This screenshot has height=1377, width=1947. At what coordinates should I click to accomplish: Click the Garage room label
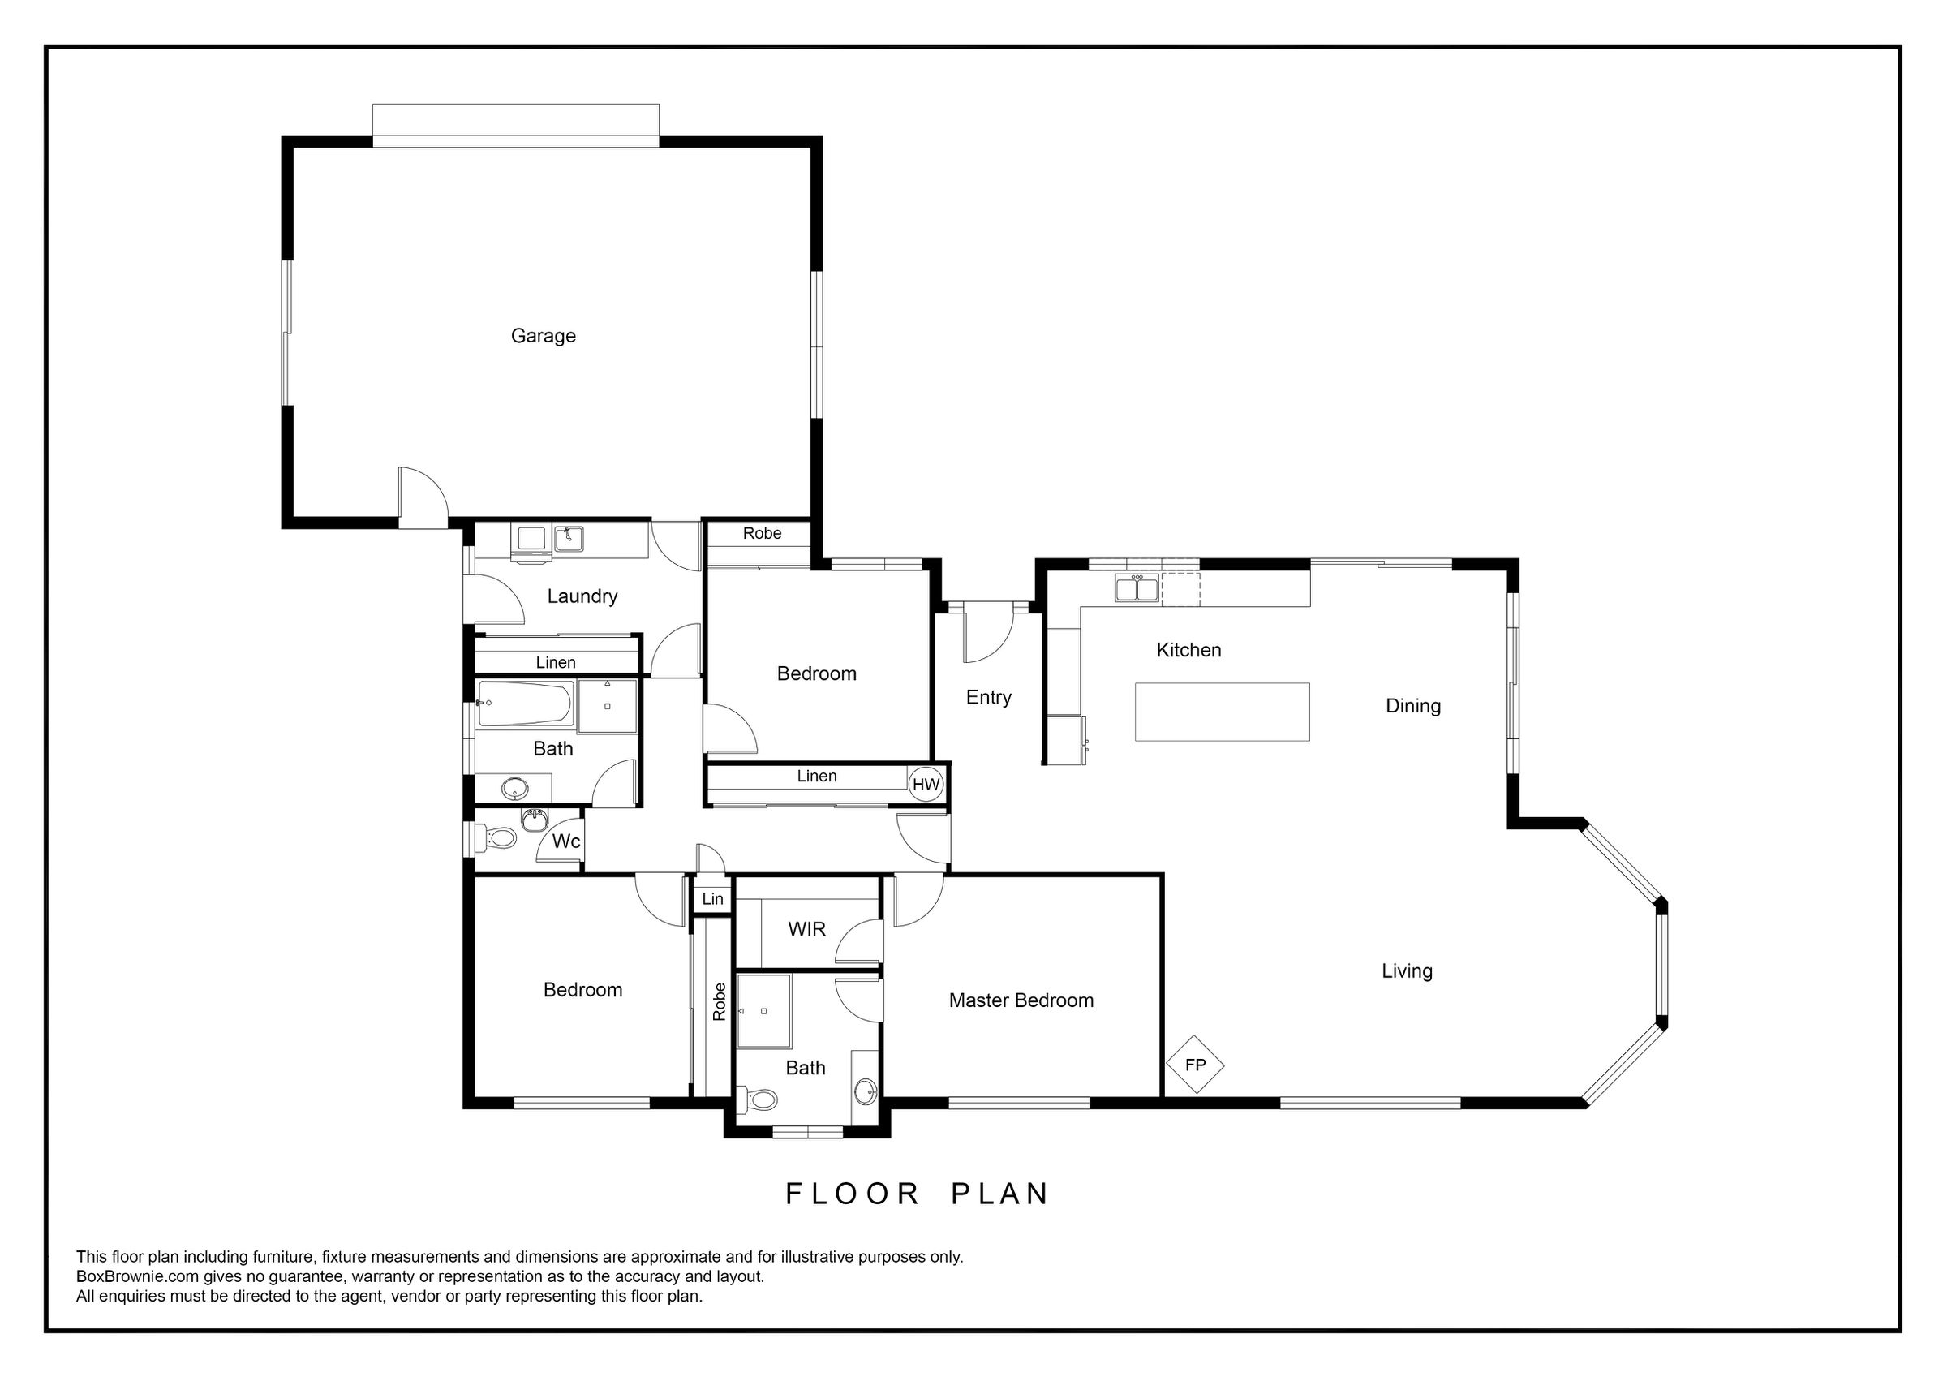[x=543, y=336]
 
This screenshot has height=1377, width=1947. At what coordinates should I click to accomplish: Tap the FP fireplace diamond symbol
[x=1195, y=1064]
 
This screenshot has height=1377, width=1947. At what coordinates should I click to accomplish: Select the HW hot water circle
[x=925, y=785]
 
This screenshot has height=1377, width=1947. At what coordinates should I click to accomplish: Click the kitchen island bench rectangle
[x=1222, y=712]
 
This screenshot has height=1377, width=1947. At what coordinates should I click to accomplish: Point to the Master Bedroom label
[x=1021, y=1001]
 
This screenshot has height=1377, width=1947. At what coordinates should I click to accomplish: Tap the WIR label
[x=806, y=929]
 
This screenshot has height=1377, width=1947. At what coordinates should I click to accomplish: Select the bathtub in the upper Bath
[x=526, y=704]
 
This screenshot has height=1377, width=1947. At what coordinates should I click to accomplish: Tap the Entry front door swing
[x=989, y=634]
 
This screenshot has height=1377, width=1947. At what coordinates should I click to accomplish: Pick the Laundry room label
[x=582, y=596]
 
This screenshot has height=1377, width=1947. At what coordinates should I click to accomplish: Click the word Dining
[x=1412, y=706]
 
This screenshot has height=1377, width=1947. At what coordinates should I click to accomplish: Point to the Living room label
[x=1407, y=971]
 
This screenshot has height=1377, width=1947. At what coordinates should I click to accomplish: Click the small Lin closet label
[x=712, y=899]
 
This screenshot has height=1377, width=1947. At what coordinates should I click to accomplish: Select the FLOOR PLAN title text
[x=917, y=1194]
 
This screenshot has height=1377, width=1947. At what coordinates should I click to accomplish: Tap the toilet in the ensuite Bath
[x=757, y=1100]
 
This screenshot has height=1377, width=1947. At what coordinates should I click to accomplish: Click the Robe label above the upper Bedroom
[x=762, y=534]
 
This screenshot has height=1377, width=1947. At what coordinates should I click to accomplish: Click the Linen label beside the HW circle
[x=817, y=777]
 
